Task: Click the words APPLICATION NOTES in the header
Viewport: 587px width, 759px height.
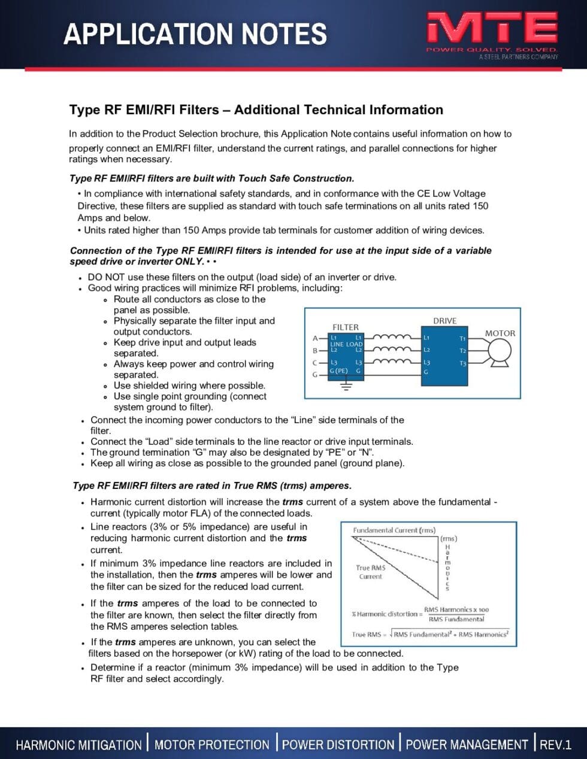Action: pos(195,34)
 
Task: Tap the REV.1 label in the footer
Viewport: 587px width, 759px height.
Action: pos(555,745)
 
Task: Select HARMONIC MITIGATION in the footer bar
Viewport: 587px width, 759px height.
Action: pos(78,745)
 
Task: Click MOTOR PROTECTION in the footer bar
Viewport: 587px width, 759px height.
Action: pos(212,745)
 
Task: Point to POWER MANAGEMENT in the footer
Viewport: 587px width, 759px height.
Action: pos(467,745)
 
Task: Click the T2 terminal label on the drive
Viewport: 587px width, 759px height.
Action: pos(462,351)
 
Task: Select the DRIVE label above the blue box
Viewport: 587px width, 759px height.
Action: pos(444,321)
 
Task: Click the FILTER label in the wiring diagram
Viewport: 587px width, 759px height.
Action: pos(346,327)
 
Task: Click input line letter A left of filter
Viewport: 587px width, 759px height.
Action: pos(315,339)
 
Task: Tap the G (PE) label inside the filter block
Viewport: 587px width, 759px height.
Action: pos(339,371)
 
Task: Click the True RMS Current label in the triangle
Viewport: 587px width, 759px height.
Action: pos(371,572)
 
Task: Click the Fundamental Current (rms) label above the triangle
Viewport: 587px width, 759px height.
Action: pos(394,530)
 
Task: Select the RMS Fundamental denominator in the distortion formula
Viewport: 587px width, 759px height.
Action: pos(456,619)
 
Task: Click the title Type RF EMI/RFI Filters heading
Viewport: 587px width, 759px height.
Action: pos(256,110)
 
